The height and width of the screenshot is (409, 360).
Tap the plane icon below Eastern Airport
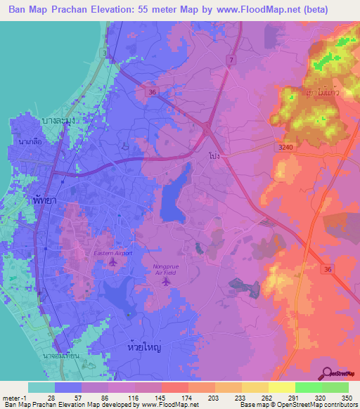pos(112,262)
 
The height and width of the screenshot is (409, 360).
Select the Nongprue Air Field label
pos(166,270)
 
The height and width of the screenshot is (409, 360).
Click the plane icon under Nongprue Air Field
pos(166,282)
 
